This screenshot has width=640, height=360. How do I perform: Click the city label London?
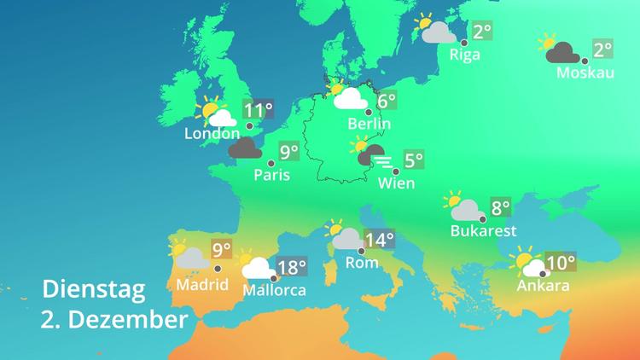click(x=212, y=134)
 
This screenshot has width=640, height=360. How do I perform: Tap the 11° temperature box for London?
click(x=259, y=110)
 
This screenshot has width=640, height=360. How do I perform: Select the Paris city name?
click(x=272, y=176)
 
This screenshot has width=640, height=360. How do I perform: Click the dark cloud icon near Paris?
click(x=245, y=149)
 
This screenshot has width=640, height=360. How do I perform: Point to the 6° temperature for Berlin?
click(x=387, y=102)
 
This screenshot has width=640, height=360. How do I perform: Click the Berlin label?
click(x=369, y=125)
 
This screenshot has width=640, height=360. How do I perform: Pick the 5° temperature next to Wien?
click(x=413, y=160)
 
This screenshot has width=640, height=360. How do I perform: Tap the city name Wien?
click(x=396, y=183)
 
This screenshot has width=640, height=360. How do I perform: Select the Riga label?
click(x=465, y=55)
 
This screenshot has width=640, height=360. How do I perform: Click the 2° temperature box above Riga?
click(x=483, y=32)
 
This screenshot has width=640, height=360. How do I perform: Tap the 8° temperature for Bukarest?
click(x=499, y=207)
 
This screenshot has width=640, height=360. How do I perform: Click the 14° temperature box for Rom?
click(x=380, y=240)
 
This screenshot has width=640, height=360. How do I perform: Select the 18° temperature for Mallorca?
click(x=292, y=268)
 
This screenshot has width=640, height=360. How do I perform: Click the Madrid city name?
click(x=201, y=284)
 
